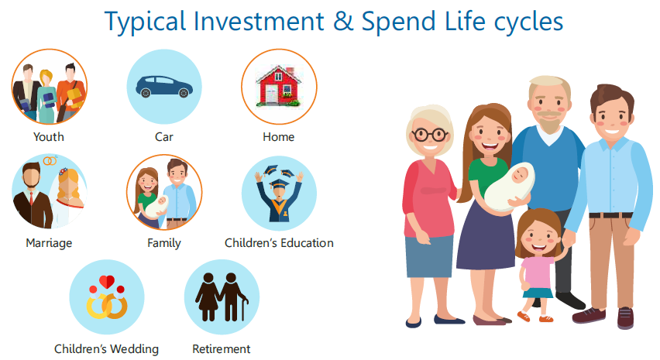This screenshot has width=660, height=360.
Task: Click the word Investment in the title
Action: [259, 22]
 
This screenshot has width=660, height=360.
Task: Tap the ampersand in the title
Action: [343, 22]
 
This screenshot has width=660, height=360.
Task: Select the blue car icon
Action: [164, 87]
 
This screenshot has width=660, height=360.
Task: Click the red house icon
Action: [279, 85]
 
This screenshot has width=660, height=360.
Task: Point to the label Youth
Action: [49, 137]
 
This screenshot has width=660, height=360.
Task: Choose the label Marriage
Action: [49, 243]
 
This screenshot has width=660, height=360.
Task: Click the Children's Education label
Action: [279, 243]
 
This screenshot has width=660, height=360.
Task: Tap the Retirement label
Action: [222, 349]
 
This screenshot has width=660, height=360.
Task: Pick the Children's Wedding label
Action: [106, 349]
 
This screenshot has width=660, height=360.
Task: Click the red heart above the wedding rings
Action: [107, 281]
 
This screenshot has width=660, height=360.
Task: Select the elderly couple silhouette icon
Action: [222, 297]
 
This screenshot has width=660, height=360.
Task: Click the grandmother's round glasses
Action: [429, 135]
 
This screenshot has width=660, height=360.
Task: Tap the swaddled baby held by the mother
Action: [509, 187]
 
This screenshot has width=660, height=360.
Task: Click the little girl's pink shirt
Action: [537, 272]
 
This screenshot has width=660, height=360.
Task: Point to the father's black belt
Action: [610, 215]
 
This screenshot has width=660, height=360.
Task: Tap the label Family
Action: [164, 243]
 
